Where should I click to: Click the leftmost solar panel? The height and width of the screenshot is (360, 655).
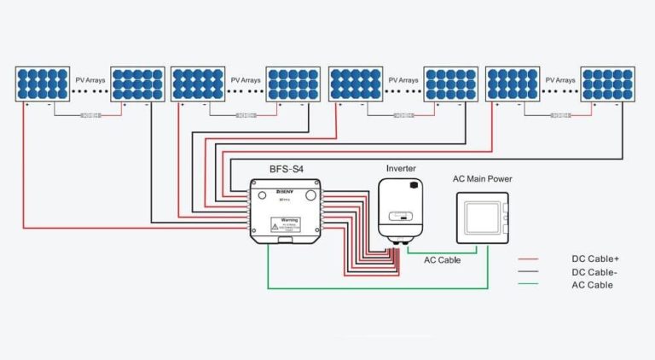pos(42,84)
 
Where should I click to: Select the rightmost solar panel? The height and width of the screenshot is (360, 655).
pos(607,84)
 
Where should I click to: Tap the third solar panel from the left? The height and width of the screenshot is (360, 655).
pos(198,84)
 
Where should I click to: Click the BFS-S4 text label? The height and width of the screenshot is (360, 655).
pos(273,171)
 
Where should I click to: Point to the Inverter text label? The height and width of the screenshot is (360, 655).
pos(401,168)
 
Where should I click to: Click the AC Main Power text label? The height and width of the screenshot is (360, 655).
pos(483,179)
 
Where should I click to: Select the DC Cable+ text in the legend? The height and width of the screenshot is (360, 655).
pos(596,258)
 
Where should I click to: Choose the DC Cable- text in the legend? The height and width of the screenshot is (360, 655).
pos(595,271)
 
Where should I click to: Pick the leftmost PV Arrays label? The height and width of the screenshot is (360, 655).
pos(90,79)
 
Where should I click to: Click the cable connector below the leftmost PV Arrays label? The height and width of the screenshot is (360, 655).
pos(90,115)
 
